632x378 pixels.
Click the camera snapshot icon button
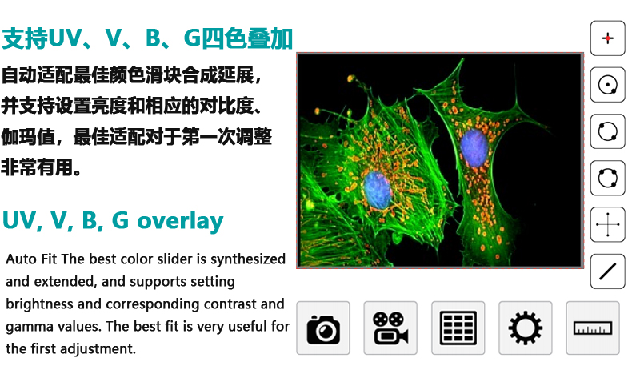[323, 328]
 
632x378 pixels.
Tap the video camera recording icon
[390, 328]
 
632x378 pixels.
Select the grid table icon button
[458, 328]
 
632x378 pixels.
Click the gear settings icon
[525, 328]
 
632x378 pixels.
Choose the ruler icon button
[593, 328]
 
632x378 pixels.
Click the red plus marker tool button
[608, 38]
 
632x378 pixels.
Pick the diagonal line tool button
[608, 271]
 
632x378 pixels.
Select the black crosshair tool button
[608, 225]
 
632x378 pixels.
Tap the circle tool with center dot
[608, 85]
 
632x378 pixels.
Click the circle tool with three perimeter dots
[608, 178]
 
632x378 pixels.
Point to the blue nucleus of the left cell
[378, 191]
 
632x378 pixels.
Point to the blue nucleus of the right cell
[474, 147]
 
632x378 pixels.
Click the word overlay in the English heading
[180, 221]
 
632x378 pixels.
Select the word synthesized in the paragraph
[248, 259]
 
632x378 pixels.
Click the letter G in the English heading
[120, 220]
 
